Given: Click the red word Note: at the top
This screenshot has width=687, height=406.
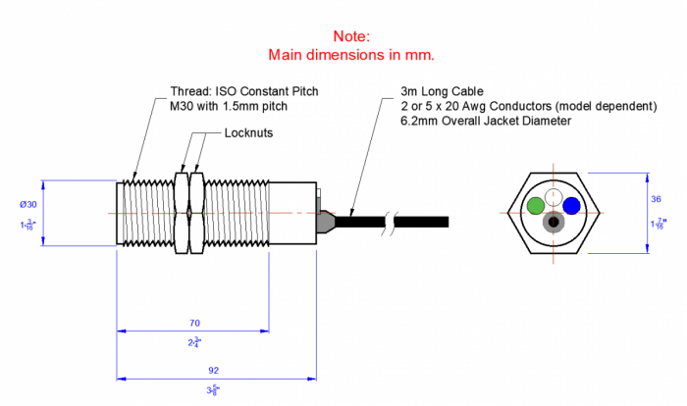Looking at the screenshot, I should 350,35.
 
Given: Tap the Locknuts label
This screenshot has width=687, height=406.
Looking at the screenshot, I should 248,132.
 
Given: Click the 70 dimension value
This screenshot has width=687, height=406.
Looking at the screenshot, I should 193,322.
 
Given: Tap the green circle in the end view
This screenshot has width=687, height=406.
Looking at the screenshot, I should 535,205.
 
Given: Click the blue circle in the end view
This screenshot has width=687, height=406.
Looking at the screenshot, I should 571,205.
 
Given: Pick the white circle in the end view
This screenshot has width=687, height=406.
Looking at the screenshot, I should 554,199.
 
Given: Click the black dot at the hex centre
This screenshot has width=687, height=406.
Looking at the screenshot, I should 554,222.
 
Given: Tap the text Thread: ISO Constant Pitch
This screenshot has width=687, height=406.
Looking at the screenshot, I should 244,91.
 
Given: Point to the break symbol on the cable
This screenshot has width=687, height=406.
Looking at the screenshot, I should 393,220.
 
